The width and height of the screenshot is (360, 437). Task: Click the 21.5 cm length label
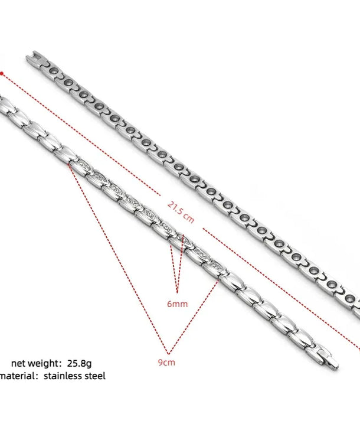click(x=181, y=213)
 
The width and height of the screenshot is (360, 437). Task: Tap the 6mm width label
click(x=178, y=304)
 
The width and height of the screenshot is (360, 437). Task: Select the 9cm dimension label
click(x=166, y=363)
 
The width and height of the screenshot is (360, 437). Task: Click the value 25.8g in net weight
click(x=79, y=363)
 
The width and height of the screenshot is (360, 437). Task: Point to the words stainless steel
click(x=74, y=376)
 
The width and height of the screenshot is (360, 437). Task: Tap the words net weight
click(x=34, y=363)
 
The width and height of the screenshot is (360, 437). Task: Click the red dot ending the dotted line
click(x=2, y=74)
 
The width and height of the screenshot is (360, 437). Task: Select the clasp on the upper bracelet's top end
click(x=34, y=59)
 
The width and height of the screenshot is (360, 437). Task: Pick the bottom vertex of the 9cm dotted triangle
click(x=168, y=354)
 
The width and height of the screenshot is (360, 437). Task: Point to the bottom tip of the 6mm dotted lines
click(x=177, y=292)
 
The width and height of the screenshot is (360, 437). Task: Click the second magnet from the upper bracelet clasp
click(x=68, y=83)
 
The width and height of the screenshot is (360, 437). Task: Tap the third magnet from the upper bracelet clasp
click(x=84, y=94)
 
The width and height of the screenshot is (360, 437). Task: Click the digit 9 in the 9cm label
click(x=161, y=363)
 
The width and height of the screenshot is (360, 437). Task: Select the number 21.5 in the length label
click(x=176, y=209)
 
